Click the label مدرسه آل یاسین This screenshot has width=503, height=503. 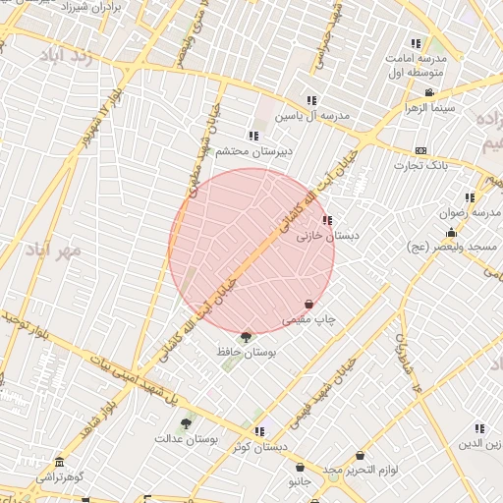(311, 116)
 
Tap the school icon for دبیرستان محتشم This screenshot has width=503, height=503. (253, 136)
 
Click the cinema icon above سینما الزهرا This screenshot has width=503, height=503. (429, 93)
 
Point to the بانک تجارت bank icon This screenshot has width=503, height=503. (420, 151)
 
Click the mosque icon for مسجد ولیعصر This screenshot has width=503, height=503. (451, 233)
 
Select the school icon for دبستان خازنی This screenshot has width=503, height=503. (326, 221)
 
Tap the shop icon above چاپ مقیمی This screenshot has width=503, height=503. (309, 305)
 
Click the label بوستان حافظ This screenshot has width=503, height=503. (247, 350)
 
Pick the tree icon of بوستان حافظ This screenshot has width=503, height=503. (246, 337)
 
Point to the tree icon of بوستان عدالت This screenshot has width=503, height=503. (186, 423)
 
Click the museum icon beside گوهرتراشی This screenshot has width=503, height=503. (61, 463)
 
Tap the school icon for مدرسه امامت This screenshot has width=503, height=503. (417, 43)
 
